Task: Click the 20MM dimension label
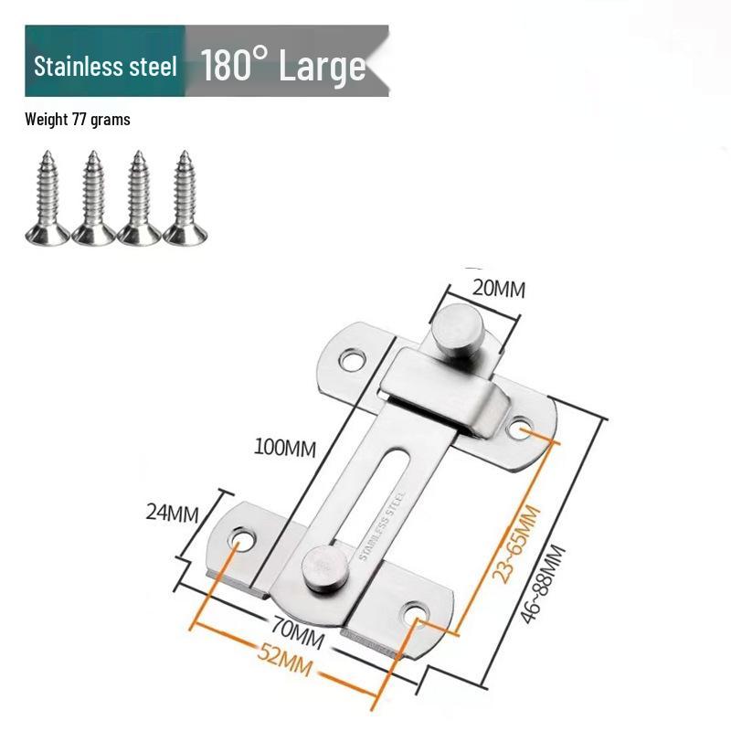pos(499,289)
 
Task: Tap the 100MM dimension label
pos(286,449)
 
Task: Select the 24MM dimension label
pos(172,513)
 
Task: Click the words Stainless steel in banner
pos(105,67)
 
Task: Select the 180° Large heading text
pos(283,66)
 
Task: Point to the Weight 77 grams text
pos(78,120)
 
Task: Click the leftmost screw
pos(47,198)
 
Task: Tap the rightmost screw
pos(185,198)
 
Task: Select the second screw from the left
pos(93,198)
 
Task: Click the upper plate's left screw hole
pos(352,359)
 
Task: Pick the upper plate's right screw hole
pos(522,427)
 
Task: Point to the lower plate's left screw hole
pos(242,541)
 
